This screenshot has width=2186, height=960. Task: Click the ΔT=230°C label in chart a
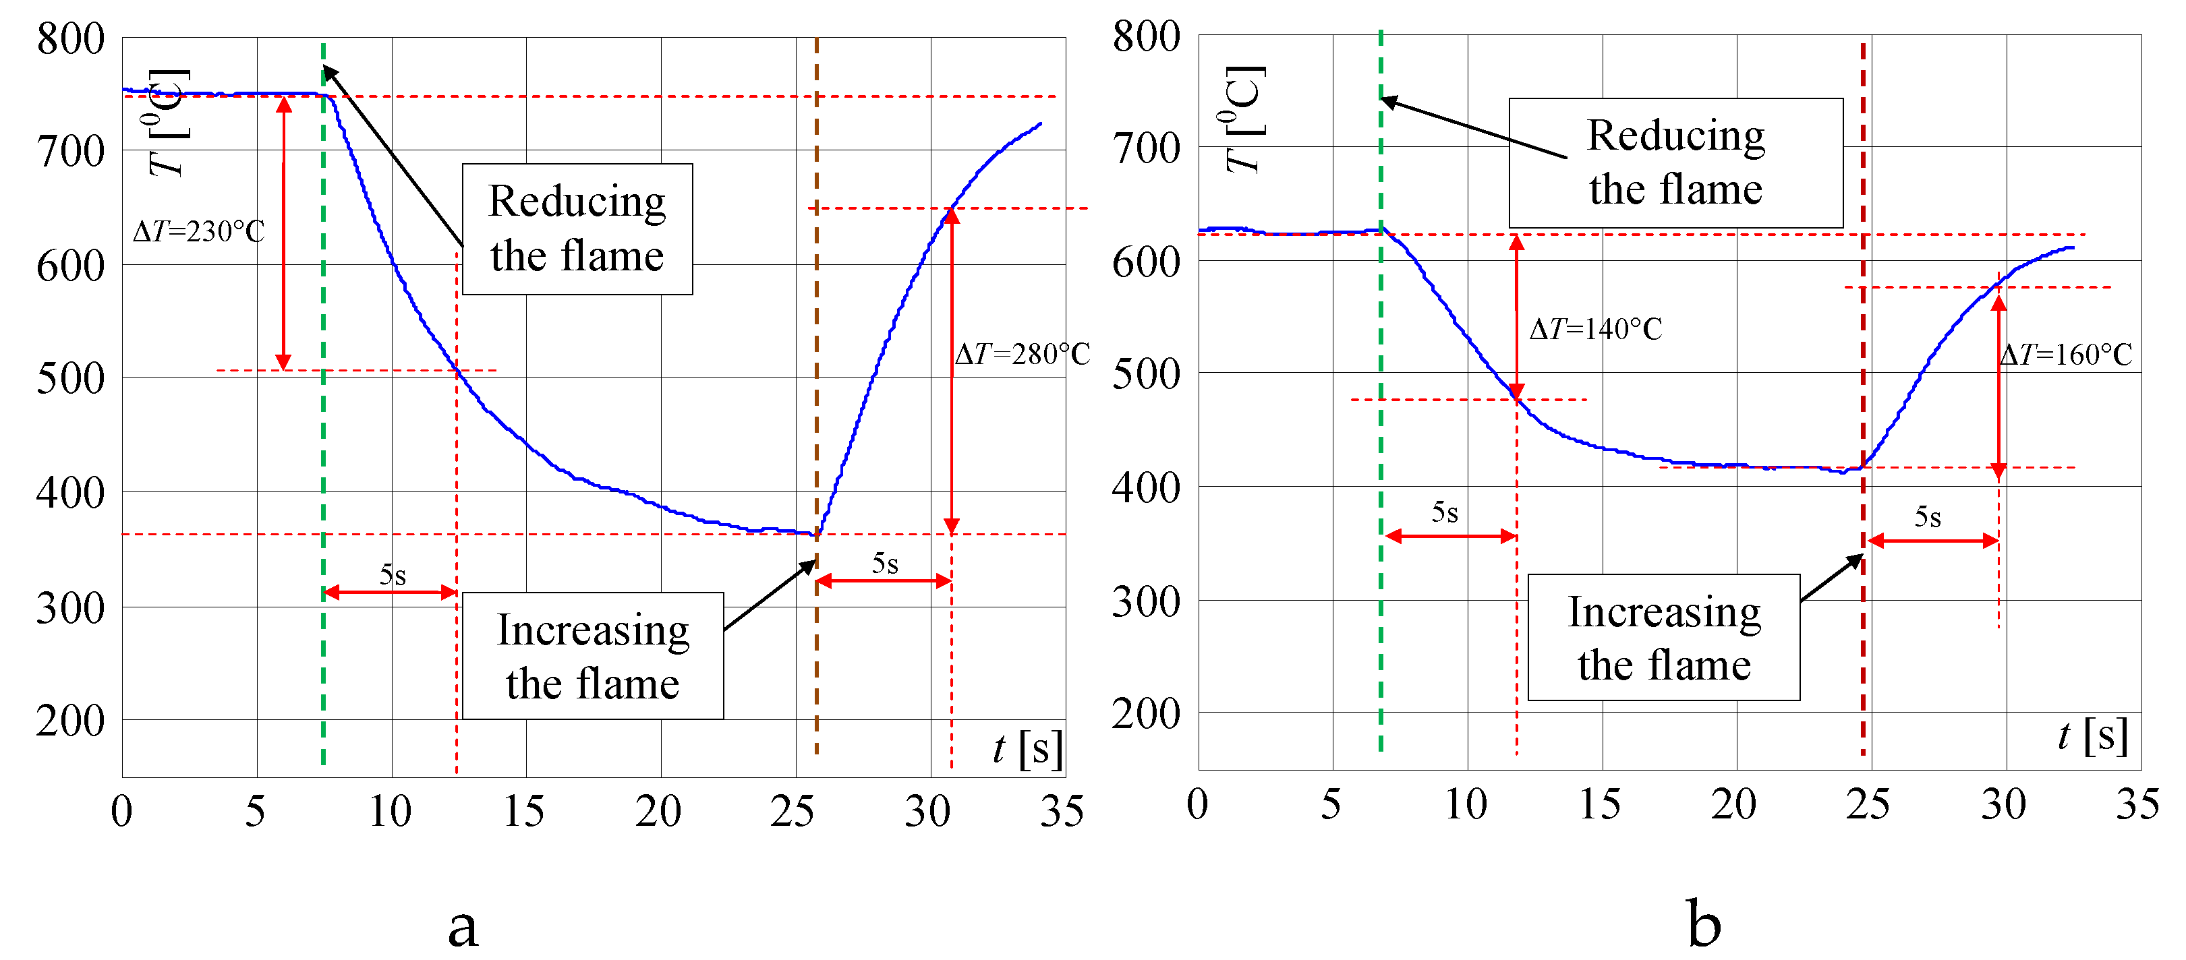[x=198, y=231]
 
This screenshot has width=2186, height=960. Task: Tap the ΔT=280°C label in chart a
[x=1022, y=354]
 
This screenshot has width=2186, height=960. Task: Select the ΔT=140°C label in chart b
[x=1595, y=329]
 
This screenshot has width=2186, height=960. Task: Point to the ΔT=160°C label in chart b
[x=2065, y=355]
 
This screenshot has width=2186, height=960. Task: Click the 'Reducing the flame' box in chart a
[x=577, y=229]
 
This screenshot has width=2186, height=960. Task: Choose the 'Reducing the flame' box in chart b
[x=1675, y=163]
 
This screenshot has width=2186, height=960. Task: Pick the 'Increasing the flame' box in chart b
[x=1663, y=638]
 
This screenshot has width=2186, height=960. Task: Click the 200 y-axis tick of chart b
[x=1146, y=714]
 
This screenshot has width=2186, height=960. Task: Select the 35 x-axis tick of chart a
[x=1062, y=812]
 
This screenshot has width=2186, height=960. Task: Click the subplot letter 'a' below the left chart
[x=463, y=926]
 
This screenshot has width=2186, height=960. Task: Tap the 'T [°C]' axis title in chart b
[x=1246, y=119]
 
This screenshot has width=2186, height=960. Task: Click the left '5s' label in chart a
[x=392, y=575]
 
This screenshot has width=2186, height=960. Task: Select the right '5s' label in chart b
[x=1927, y=516]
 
